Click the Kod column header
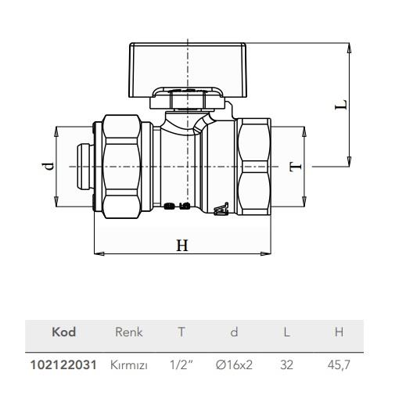[x=63, y=332]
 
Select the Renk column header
[x=129, y=332]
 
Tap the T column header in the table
[x=181, y=332]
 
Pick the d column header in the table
[x=234, y=332]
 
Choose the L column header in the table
[x=286, y=332]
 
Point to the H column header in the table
[x=339, y=332]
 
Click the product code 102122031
[x=63, y=364]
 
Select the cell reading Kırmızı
[x=129, y=364]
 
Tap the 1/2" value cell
[x=181, y=364]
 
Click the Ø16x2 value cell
[x=234, y=364]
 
